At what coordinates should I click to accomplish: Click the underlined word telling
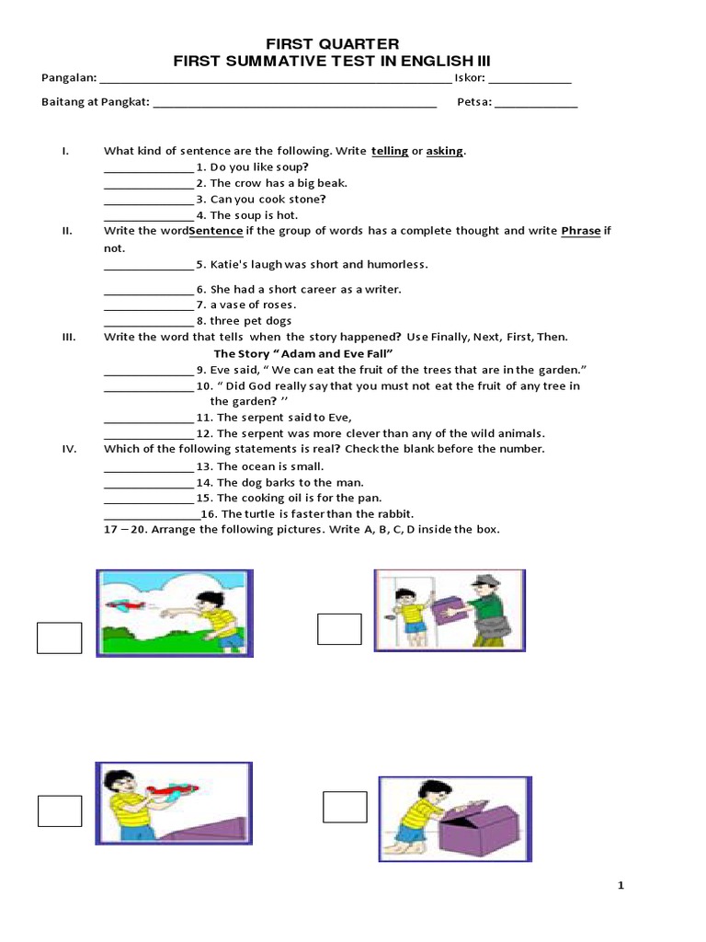[x=390, y=151]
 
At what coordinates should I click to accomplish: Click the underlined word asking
[x=445, y=151]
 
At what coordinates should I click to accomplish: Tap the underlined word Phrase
[x=580, y=231]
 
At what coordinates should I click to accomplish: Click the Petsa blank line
[x=537, y=108]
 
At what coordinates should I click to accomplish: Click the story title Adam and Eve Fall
[x=303, y=354]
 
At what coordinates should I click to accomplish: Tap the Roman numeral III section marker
[x=68, y=338]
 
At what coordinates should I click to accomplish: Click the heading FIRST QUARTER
[x=332, y=44]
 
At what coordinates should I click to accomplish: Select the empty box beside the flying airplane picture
[x=60, y=638]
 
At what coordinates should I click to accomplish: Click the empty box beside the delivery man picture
[x=339, y=629]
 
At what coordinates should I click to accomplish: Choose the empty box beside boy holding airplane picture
[x=60, y=810]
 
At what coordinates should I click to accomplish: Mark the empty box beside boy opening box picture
[x=345, y=806]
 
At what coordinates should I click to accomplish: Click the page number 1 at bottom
[x=621, y=886]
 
